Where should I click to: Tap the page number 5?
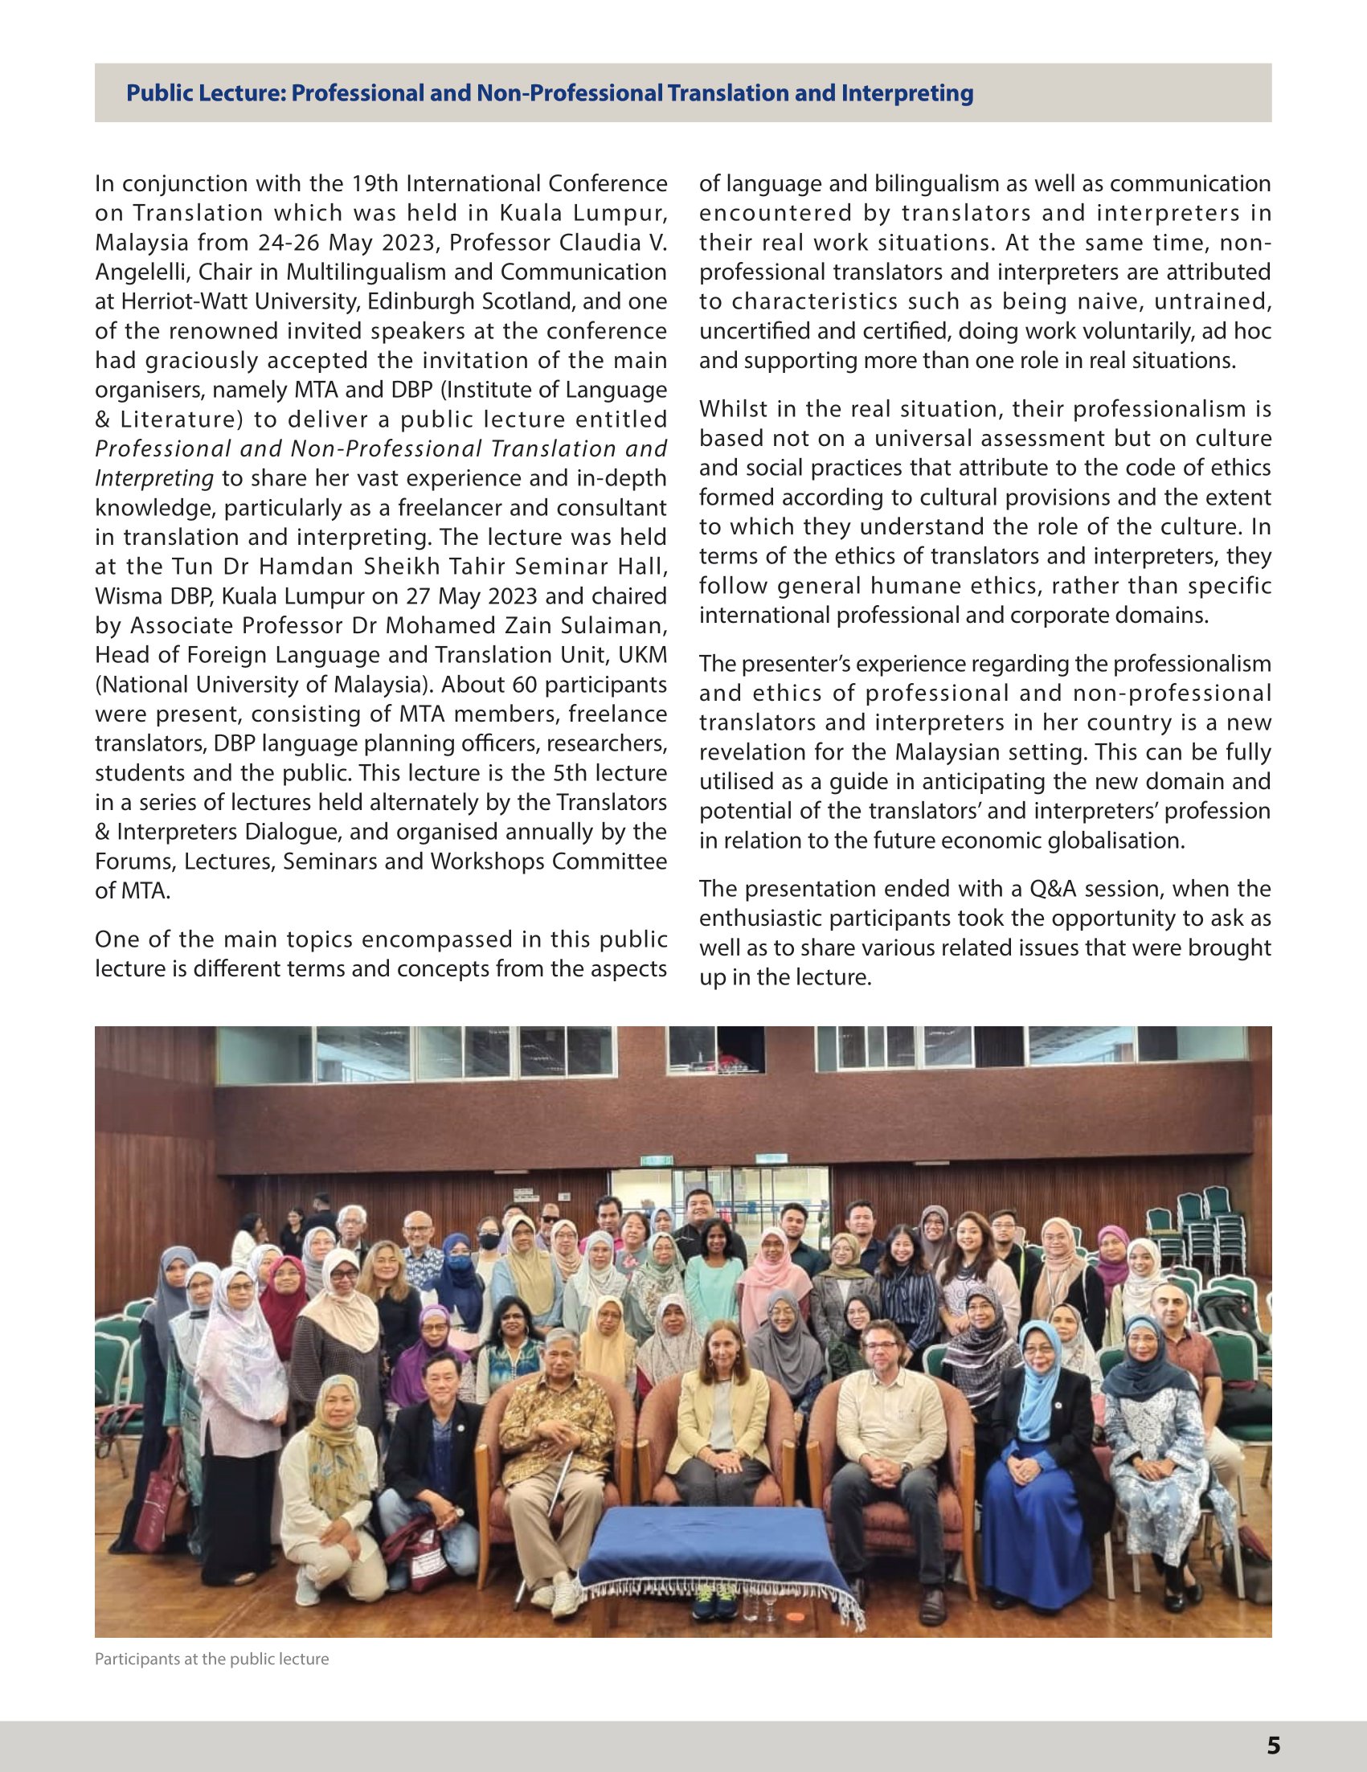tap(1273, 1745)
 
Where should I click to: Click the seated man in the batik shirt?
tap(557, 1412)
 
